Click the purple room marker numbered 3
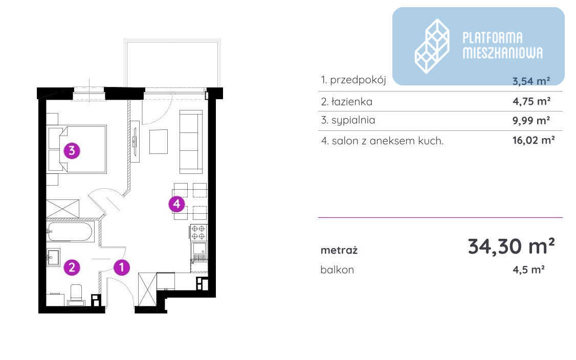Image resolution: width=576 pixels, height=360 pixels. click(72, 151)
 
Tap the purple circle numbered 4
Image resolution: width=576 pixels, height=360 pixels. click(176, 204)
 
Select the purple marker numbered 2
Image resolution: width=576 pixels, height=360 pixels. click(72, 267)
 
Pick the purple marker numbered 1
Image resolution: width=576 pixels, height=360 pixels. click(122, 267)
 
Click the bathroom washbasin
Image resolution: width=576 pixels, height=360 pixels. click(53, 257)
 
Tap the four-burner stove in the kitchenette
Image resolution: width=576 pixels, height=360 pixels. click(198, 233)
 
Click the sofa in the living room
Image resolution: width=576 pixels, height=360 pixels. click(191, 142)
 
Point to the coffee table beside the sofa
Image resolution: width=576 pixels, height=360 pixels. click(159, 142)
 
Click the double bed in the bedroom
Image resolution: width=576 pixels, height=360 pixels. click(77, 149)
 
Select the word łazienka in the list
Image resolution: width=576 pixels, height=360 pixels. click(351, 102)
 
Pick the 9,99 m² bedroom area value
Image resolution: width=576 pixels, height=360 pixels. click(531, 121)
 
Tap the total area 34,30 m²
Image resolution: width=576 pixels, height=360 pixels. click(512, 246)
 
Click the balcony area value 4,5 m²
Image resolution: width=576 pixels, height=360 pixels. click(528, 270)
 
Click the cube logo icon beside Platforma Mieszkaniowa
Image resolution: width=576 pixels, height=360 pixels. click(432, 47)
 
